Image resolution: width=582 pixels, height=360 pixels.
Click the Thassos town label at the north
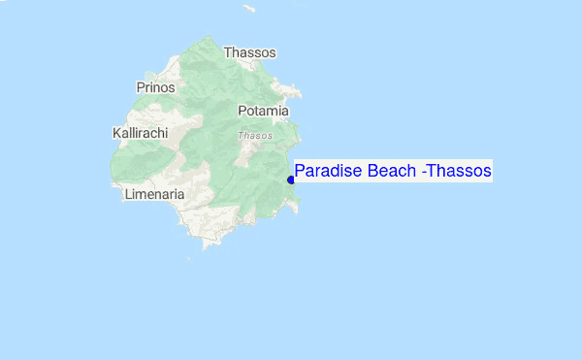tap(249, 52)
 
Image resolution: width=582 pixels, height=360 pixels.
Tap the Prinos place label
tap(155, 87)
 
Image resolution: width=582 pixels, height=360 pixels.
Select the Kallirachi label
tap(141, 132)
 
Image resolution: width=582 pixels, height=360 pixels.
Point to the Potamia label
tap(263, 111)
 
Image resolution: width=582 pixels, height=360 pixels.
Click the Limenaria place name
tap(154, 194)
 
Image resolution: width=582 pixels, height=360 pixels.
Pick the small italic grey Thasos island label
tap(255, 136)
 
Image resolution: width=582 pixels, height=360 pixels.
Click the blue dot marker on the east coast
tap(291, 179)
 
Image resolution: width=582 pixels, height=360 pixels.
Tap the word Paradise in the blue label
tap(327, 172)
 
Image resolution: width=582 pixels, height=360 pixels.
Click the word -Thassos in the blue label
tap(458, 172)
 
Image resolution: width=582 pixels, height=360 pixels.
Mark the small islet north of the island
tap(249, 10)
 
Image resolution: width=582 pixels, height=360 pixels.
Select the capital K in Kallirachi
tap(116, 132)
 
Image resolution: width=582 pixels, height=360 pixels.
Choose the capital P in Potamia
tap(242, 111)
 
